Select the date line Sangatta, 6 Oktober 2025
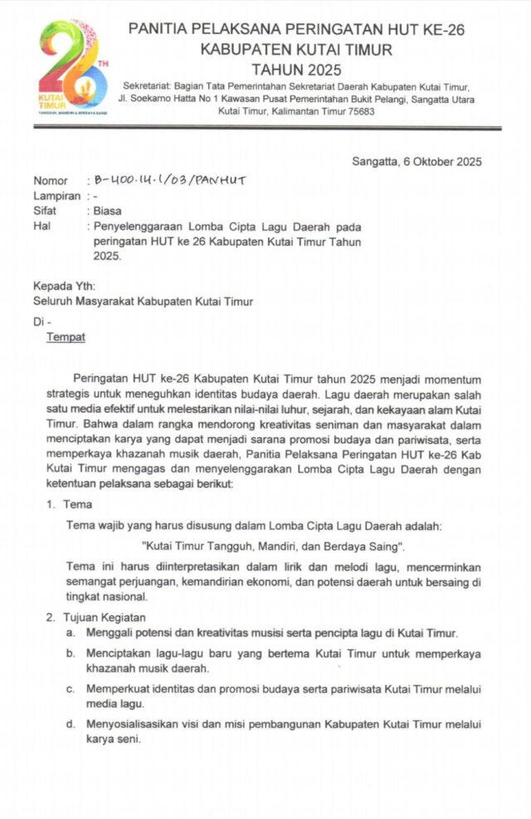coord(417,162)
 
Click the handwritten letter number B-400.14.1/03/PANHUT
coord(170,180)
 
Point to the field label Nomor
coord(51,181)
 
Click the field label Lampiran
coord(56,196)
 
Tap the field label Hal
coord(42,226)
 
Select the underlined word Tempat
coord(66,337)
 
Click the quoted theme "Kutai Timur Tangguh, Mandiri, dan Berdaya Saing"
coord(273,547)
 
